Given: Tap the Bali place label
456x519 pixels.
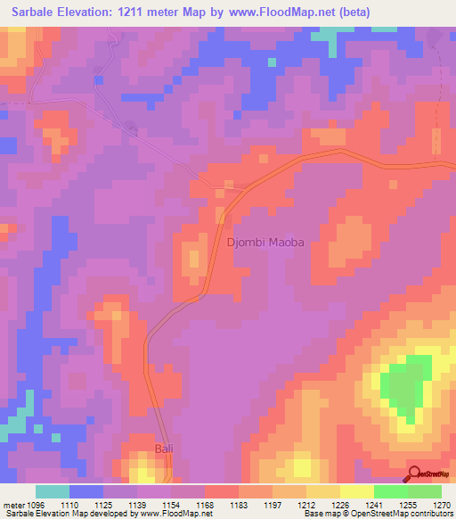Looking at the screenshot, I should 165,448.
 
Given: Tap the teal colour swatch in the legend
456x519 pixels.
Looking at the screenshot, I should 53,491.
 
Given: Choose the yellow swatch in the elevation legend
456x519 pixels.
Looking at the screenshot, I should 356,491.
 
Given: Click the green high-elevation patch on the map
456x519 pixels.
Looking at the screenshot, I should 405,388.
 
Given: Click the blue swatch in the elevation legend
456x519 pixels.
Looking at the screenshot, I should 86,491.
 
